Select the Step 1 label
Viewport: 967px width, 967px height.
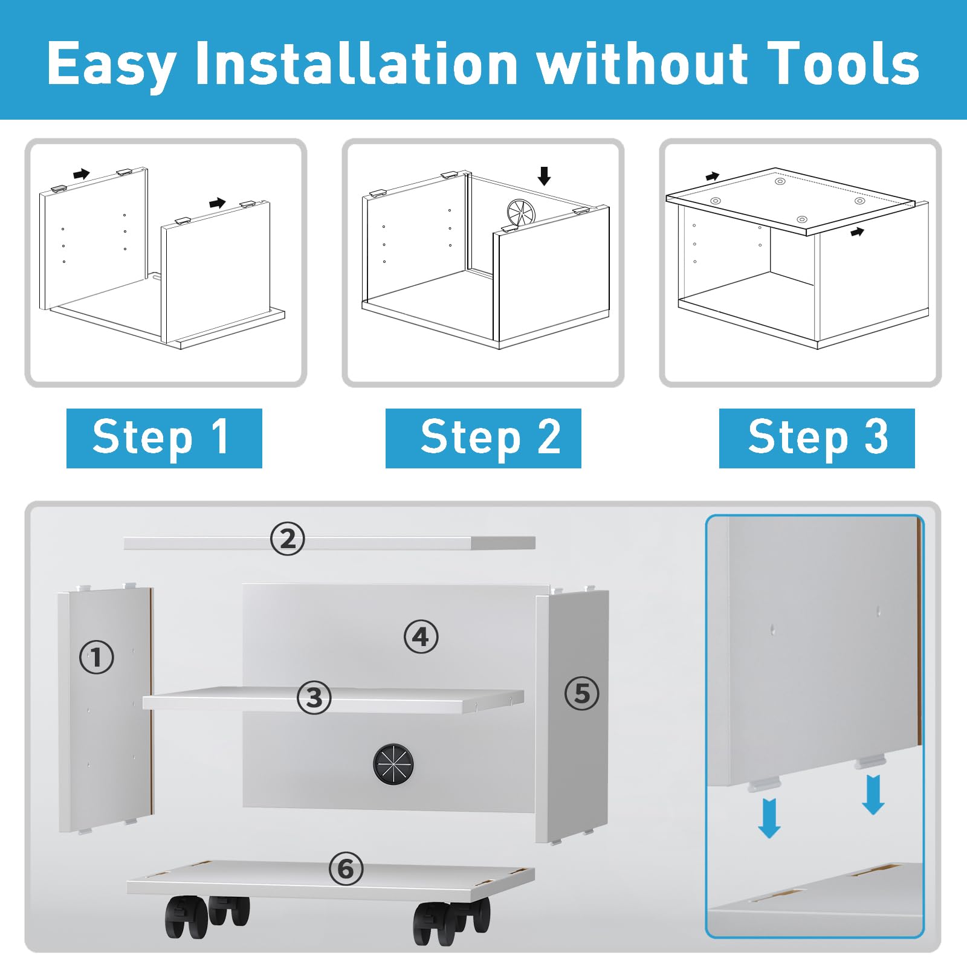164,438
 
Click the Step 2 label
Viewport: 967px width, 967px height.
483,438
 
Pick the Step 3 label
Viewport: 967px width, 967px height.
817,438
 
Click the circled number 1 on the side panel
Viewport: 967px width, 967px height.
97,657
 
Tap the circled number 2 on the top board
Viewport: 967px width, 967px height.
288,538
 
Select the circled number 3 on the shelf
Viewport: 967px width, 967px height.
314,697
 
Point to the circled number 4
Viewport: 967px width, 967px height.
421,637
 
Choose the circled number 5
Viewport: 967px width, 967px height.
581,693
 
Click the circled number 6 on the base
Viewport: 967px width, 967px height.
346,869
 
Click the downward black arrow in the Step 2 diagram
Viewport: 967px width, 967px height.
544,176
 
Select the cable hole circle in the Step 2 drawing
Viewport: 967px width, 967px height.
521,213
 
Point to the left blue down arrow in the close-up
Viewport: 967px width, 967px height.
769,818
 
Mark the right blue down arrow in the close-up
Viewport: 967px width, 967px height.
873,795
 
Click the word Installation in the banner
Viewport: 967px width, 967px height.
356,63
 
